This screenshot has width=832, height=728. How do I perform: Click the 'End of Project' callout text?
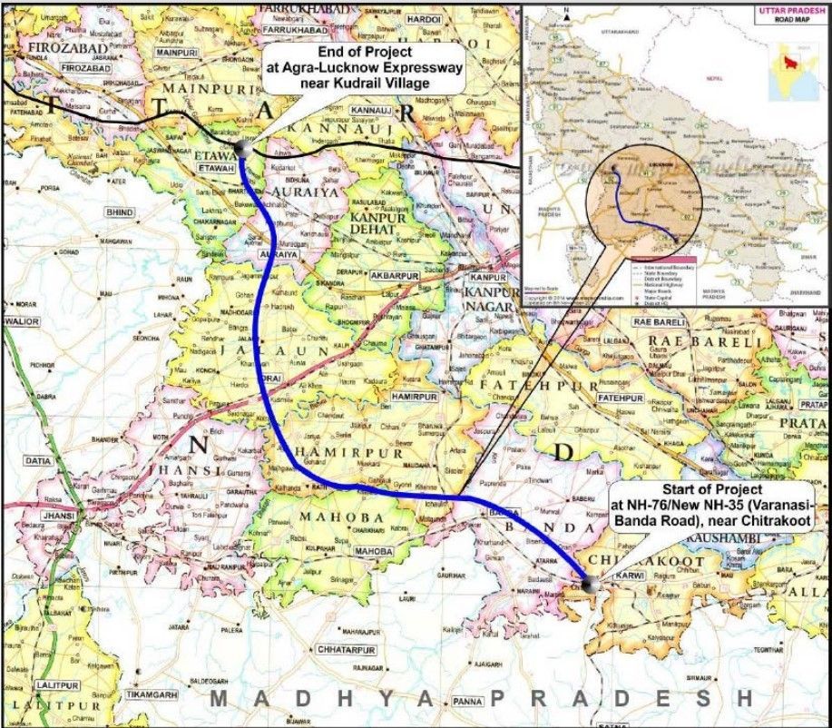(365, 68)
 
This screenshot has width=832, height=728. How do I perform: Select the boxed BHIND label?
(119, 212)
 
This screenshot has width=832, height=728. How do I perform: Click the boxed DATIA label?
(38, 461)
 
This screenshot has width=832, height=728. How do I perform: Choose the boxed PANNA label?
(469, 701)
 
